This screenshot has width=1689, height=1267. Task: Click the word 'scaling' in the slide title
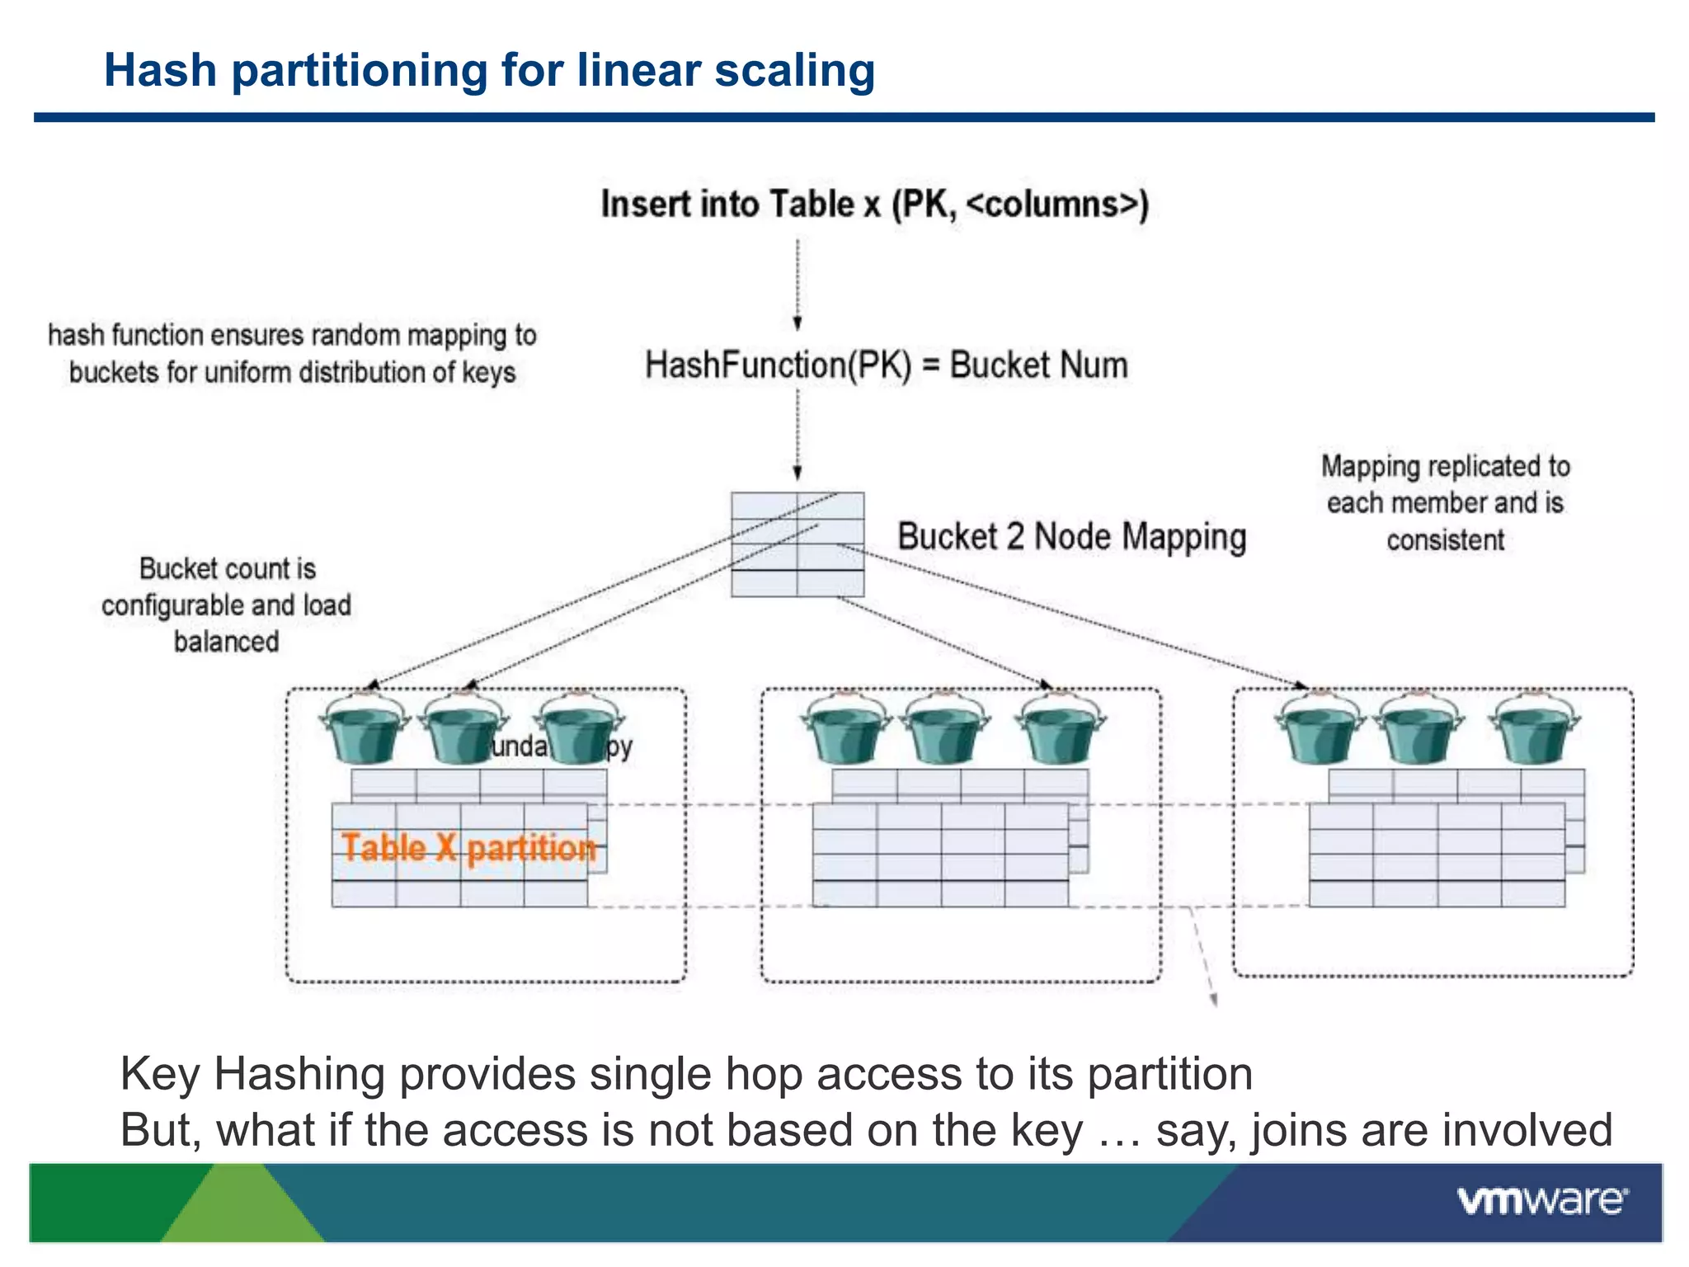794,71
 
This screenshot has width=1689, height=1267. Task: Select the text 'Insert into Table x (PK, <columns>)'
874,204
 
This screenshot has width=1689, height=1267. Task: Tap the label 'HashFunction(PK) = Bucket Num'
886,365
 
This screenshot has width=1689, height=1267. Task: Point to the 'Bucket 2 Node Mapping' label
1071,536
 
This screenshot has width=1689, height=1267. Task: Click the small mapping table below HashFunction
797,544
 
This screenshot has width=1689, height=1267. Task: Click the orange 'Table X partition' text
468,848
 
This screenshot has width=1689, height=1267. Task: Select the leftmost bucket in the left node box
365,729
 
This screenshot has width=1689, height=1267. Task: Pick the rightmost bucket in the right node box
1534,729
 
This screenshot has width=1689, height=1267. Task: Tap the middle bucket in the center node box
945,729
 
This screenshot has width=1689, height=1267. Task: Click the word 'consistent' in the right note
1445,540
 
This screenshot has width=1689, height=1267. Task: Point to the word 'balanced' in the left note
226,642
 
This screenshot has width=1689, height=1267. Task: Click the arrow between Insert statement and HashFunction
797,285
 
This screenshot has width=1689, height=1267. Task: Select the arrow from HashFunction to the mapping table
797,435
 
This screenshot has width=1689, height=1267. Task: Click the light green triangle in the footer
243,1208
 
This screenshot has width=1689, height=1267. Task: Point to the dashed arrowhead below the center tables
1213,999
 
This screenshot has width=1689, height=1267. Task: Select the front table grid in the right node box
1437,855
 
